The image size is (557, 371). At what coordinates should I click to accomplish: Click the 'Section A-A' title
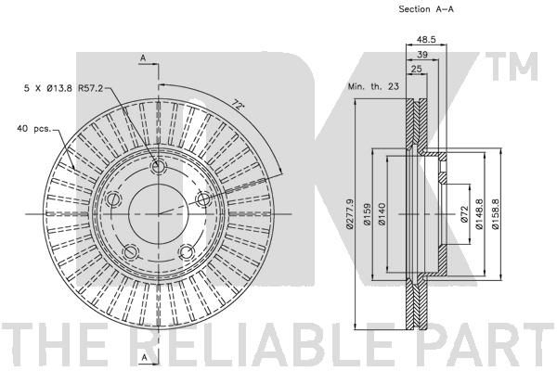point(426,9)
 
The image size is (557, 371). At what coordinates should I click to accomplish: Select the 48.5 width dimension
point(426,39)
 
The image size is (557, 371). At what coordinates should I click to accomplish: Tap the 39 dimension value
point(422,55)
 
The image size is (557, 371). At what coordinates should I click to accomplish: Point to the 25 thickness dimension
point(416,69)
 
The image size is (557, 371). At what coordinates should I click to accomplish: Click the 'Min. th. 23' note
point(373,86)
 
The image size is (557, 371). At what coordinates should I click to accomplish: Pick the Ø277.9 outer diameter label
point(350,213)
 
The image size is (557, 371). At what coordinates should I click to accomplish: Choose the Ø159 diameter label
point(367,213)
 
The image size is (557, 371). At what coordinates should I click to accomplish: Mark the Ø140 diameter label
point(382,213)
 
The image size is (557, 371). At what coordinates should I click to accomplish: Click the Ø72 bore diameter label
point(465,214)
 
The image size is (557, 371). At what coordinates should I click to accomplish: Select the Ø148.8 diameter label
point(480,214)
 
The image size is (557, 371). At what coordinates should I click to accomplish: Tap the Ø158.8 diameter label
point(495,214)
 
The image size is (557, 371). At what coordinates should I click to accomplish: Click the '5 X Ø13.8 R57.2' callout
point(63,88)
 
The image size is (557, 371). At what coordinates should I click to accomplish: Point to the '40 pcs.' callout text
point(34,129)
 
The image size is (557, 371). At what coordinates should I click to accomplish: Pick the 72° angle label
point(239,105)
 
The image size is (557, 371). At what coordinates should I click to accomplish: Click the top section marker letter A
point(143,58)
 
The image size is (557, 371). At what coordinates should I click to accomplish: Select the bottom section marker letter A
point(144,357)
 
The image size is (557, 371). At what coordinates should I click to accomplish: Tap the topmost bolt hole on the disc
point(158,166)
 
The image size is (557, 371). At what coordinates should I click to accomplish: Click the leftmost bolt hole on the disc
point(114,199)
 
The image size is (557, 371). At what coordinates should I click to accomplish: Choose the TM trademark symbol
point(512,67)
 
